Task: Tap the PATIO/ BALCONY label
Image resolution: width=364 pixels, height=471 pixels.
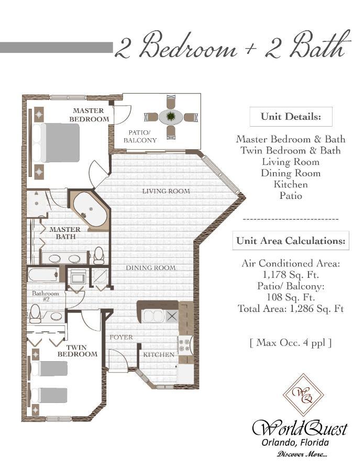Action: coord(140,137)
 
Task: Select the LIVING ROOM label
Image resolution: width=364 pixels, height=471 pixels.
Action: coord(166,191)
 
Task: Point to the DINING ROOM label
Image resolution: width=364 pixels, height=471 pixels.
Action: coord(150,268)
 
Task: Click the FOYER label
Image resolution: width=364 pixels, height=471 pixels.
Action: coord(121,337)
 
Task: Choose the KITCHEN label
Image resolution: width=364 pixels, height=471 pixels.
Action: coord(159,355)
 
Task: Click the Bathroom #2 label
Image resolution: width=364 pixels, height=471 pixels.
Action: coord(41,296)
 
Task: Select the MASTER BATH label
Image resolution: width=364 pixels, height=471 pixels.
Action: coord(65,233)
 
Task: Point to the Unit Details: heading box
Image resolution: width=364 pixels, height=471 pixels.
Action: coord(290,116)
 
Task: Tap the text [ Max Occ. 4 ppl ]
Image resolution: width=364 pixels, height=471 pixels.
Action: coord(291,343)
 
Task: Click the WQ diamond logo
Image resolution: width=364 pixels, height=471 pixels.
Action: coord(303,394)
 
